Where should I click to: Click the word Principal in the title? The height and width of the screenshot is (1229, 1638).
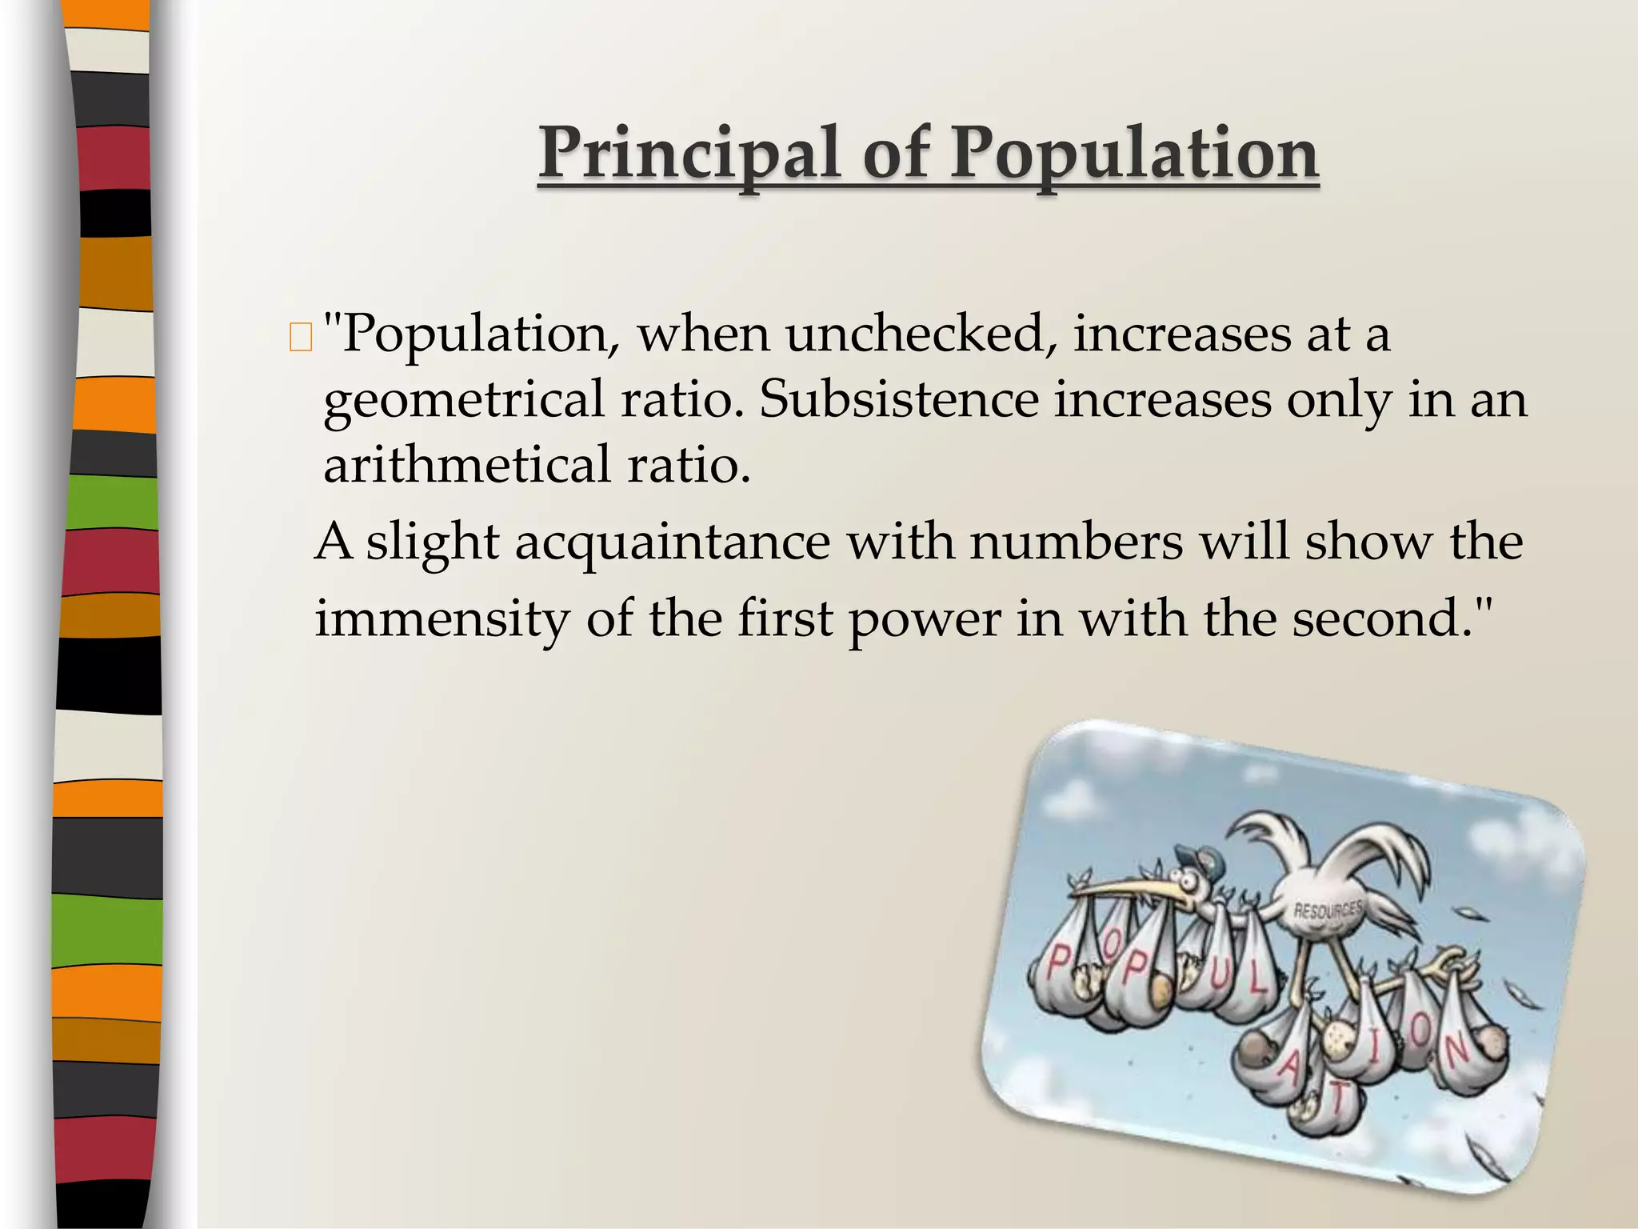[x=689, y=154]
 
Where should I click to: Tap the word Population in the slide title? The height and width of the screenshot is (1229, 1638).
[x=1134, y=154]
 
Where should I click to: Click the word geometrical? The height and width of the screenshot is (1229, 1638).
[x=464, y=400]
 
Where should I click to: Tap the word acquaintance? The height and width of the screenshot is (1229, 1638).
[x=672, y=543]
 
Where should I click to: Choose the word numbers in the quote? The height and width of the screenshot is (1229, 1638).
[x=1076, y=542]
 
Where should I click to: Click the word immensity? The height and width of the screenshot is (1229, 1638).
[x=442, y=619]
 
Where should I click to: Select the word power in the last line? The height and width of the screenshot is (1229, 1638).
[x=925, y=620]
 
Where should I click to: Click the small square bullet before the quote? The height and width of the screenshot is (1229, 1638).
[x=301, y=339]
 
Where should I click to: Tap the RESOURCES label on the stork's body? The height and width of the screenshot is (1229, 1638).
[x=1328, y=910]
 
